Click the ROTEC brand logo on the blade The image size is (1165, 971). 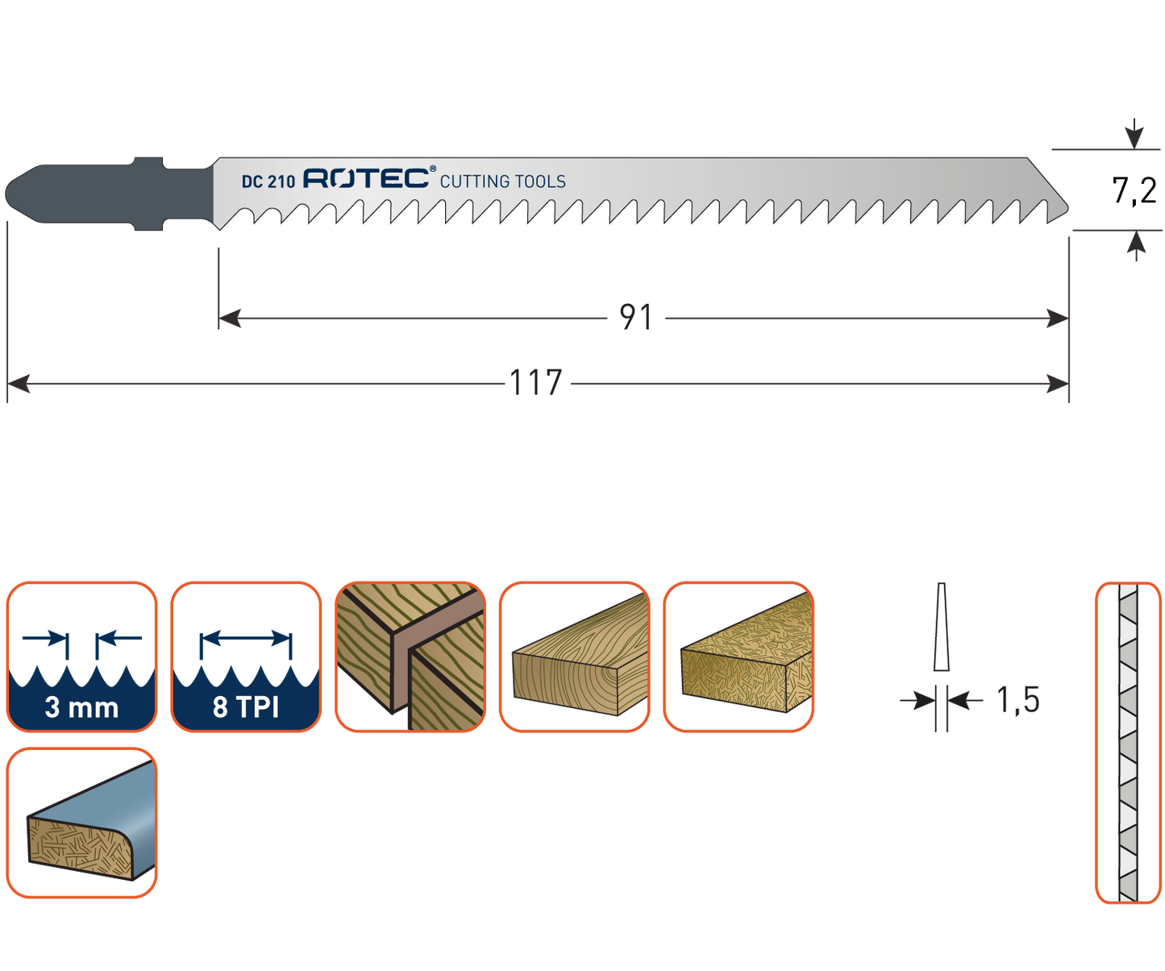[x=368, y=178]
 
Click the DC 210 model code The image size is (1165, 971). [x=268, y=181]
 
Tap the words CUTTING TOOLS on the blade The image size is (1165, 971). [x=502, y=181]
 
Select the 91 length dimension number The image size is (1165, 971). [x=635, y=318]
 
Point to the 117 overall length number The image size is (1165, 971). [x=536, y=382]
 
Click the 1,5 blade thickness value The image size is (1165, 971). [x=1018, y=700]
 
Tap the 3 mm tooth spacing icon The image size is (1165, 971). [x=81, y=656]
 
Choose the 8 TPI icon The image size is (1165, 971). [x=246, y=656]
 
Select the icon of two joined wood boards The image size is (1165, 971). [x=410, y=656]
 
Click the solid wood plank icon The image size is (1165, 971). [x=574, y=656]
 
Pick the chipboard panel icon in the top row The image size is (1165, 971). [x=739, y=656]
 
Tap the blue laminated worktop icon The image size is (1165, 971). [x=81, y=823]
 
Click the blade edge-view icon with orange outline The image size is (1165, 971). [x=1128, y=742]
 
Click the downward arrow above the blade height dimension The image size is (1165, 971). [x=1134, y=131]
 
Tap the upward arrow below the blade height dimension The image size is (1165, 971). [x=1136, y=247]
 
